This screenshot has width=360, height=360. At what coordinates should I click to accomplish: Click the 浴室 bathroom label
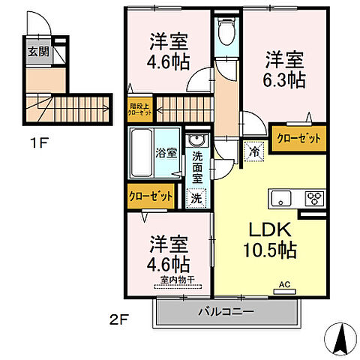tap(167, 152)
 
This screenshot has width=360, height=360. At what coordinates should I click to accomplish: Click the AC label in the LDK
tap(284, 283)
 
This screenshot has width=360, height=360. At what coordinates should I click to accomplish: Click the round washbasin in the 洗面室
tap(197, 141)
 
